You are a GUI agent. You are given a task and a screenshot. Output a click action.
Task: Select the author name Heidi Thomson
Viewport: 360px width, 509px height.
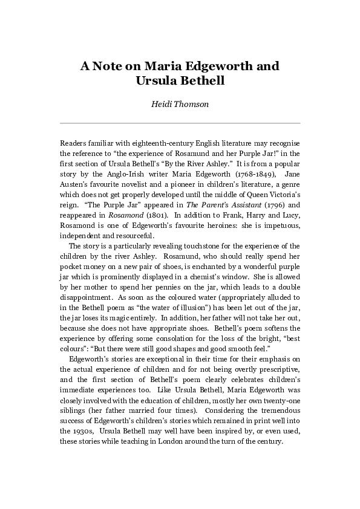pyautogui.click(x=180, y=104)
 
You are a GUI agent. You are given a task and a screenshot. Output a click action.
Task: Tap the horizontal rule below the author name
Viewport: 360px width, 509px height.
pyautogui.click(x=180, y=123)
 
